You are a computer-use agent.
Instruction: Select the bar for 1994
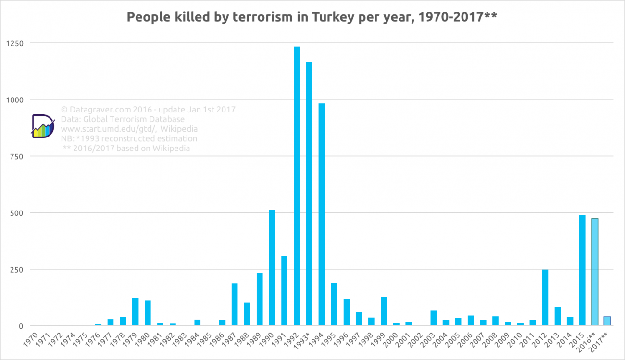(x=322, y=214)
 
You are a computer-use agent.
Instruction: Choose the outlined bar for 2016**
(x=595, y=272)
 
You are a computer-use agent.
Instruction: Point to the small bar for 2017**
(x=607, y=321)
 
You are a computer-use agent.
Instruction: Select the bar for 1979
(x=136, y=312)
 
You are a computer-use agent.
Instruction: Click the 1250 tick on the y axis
(x=14, y=43)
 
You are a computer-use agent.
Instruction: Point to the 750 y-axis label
(x=17, y=156)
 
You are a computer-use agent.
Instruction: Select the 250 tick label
(x=17, y=269)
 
